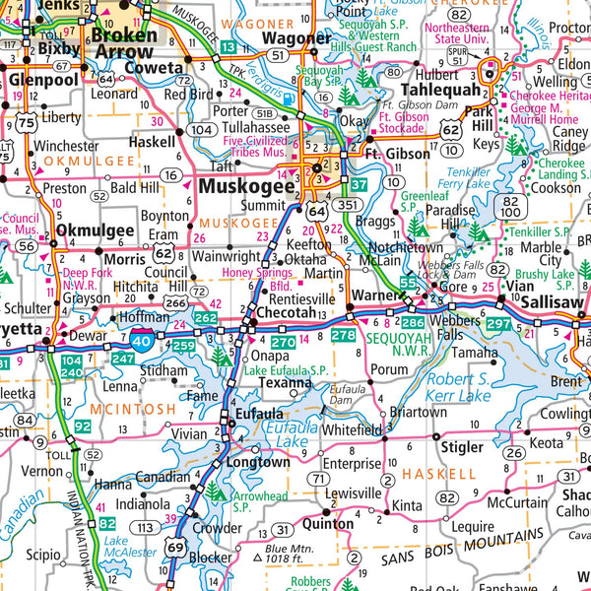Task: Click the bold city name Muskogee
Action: click(x=246, y=185)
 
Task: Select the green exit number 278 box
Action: click(x=342, y=336)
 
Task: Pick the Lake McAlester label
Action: click(x=116, y=547)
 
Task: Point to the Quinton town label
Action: click(x=326, y=524)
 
